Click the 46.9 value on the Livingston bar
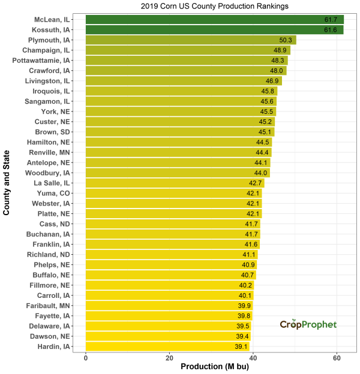coord(273,81)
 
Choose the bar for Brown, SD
coord(180,132)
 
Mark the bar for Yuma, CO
coord(174,193)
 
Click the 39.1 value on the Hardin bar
coord(241,346)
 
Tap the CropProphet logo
coord(308,324)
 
